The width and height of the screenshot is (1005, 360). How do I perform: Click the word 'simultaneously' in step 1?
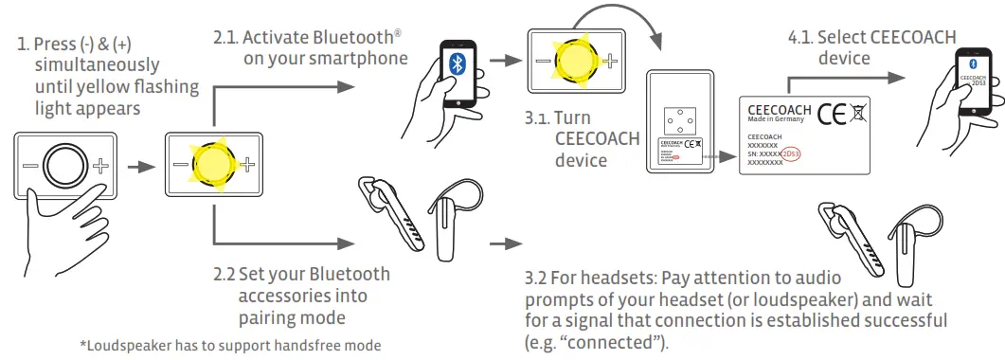(x=97, y=65)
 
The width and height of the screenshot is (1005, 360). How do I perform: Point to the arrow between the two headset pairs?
(x=506, y=243)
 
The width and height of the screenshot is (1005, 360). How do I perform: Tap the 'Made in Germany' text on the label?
(x=776, y=120)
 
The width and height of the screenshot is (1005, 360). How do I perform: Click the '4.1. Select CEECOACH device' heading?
(x=871, y=47)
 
